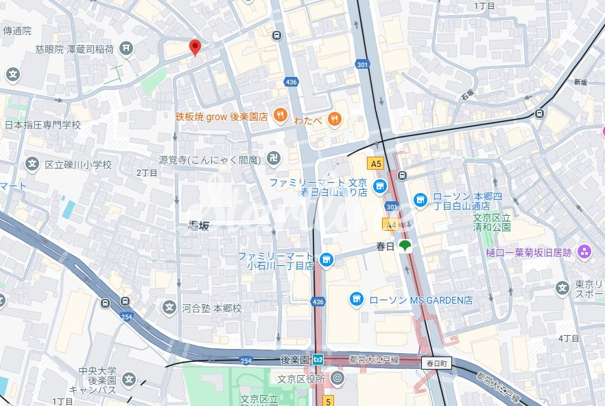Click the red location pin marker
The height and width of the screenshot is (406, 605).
195,47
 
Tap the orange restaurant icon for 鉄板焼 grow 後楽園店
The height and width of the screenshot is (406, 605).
280,116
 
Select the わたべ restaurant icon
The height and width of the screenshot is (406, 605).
335,118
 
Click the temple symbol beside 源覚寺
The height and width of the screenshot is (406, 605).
274,159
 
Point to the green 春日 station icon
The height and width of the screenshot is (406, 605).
405,246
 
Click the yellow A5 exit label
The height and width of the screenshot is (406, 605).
375,163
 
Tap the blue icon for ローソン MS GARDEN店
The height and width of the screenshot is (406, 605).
356,299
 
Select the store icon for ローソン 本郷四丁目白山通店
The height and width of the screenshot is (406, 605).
420,200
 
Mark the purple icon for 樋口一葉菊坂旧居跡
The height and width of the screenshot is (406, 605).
584,252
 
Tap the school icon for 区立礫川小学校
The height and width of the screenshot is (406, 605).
32,164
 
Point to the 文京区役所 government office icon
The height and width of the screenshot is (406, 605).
337,377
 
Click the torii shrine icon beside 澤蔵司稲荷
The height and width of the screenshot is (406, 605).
126,48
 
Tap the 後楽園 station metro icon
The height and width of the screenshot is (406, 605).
318,359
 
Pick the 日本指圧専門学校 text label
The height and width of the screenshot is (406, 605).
43,125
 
